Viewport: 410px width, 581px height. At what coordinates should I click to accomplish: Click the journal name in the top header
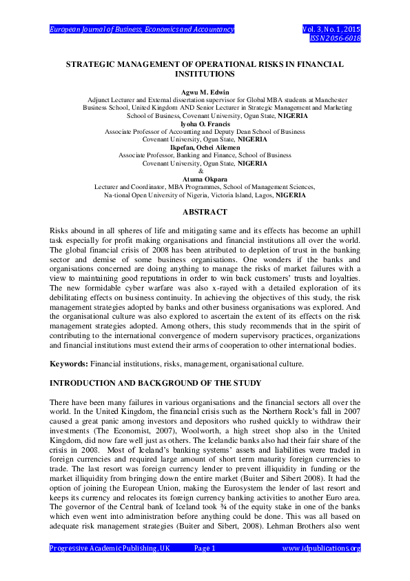(142, 30)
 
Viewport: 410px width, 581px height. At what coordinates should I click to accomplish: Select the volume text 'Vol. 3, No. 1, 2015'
(331, 30)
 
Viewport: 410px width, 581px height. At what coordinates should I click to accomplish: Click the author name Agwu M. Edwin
(205, 92)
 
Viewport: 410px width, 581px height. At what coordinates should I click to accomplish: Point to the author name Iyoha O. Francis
(205, 124)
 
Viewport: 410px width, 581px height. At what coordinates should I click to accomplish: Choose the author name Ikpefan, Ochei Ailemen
(205, 148)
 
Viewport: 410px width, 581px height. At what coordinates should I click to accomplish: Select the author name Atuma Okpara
(205, 179)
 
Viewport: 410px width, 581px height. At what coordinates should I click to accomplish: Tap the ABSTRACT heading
(205, 213)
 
